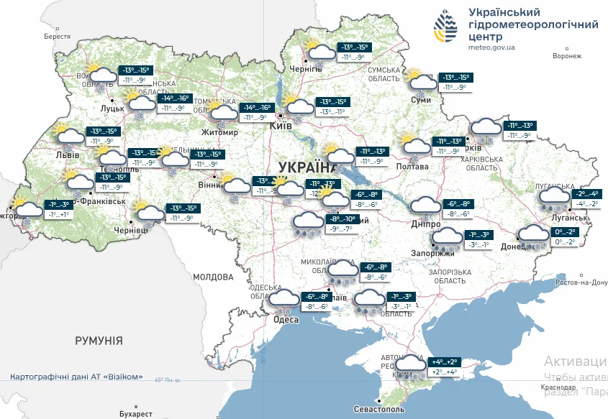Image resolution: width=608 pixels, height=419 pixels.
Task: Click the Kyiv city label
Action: click(279, 125)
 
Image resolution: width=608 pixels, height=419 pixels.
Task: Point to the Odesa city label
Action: click(286, 320)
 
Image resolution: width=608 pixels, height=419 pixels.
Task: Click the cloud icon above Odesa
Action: click(283, 300)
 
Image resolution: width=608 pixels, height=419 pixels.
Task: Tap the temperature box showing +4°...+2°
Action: click(443, 367)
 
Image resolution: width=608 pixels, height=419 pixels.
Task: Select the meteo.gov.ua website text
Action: click(491, 47)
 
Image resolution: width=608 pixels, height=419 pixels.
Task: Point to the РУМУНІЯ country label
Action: click(99, 341)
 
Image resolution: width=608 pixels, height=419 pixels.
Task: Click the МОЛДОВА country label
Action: click(213, 277)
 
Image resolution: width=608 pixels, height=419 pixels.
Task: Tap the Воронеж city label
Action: click(566, 56)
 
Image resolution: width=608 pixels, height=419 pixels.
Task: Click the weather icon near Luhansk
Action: click(554, 198)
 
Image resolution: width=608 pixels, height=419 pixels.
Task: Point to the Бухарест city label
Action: click(137, 414)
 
